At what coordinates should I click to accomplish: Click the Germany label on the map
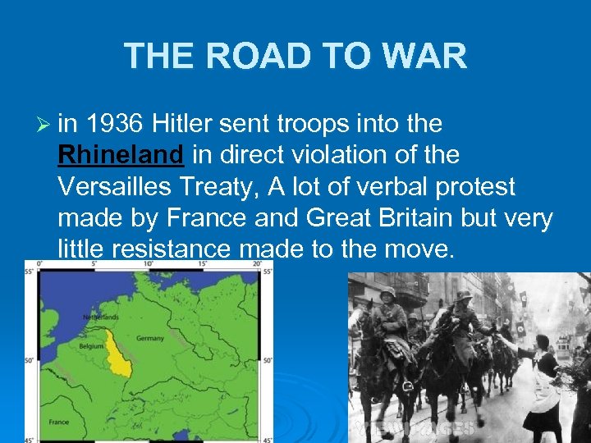[149, 338]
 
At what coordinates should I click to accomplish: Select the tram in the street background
[564, 349]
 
